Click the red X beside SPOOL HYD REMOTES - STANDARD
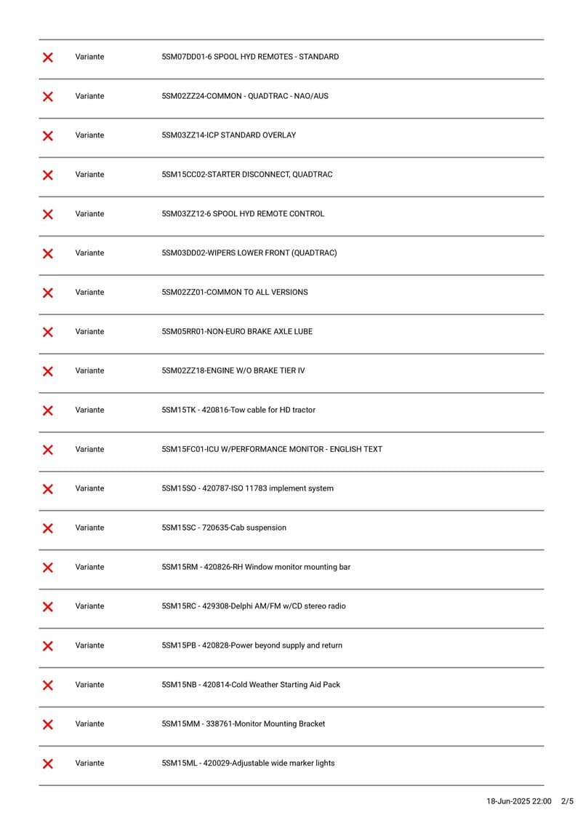point(48,57)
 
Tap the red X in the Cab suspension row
point(48,528)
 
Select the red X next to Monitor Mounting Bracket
point(48,724)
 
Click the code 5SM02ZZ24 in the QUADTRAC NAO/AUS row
point(183,96)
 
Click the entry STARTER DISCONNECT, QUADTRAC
point(270,175)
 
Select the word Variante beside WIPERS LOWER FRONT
point(89,253)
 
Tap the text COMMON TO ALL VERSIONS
point(257,293)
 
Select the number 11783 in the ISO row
point(255,489)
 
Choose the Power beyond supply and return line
point(286,646)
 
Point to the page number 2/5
point(568,802)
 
